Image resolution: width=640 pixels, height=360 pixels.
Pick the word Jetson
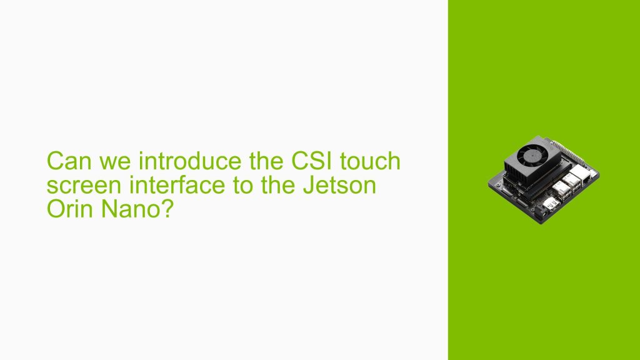(x=342, y=186)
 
